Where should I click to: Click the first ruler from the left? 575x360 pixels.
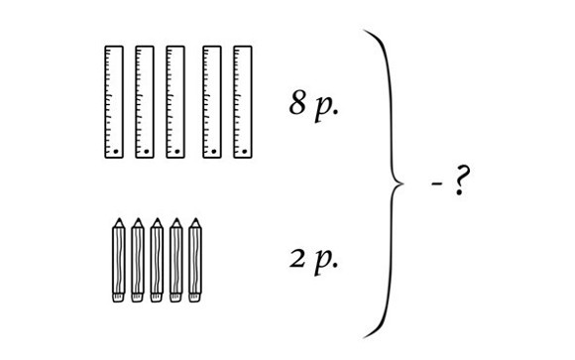(x=114, y=102)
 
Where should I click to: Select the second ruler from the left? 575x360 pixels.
(x=145, y=102)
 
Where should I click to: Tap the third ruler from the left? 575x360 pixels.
(x=175, y=102)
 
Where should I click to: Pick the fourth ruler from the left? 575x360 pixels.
(x=212, y=102)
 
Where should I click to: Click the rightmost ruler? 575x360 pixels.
(x=243, y=102)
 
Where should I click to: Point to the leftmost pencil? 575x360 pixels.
(x=118, y=260)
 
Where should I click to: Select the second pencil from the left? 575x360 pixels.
(x=138, y=260)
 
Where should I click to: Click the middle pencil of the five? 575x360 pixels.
(x=157, y=260)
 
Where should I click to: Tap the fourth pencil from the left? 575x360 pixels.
(x=176, y=260)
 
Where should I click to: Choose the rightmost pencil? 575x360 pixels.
(x=195, y=260)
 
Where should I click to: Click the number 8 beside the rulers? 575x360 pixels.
(x=297, y=102)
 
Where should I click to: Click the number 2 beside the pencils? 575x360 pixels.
(x=297, y=259)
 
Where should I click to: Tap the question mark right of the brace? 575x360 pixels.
(x=461, y=180)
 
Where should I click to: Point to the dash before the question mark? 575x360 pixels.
(x=436, y=183)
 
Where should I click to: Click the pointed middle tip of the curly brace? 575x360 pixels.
(x=403, y=183)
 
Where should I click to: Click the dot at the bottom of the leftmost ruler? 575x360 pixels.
(x=116, y=151)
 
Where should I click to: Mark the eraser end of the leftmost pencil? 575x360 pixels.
(x=118, y=298)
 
